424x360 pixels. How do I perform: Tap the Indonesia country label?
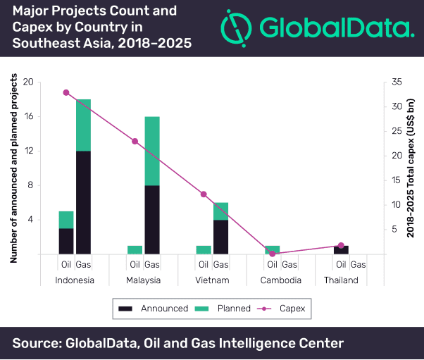coord(75,280)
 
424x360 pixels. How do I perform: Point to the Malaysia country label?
coord(143,280)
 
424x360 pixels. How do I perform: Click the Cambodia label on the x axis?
coord(281,280)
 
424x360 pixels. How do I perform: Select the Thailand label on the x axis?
coord(341,280)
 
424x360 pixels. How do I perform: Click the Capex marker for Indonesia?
coord(66,92)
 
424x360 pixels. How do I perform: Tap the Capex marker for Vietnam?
coord(204,194)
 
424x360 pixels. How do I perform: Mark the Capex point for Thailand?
coord(341,246)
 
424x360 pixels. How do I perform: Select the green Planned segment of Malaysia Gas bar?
coord(152,151)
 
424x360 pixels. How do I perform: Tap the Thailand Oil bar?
coord(341,250)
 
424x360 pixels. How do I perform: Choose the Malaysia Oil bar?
coord(135,250)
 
